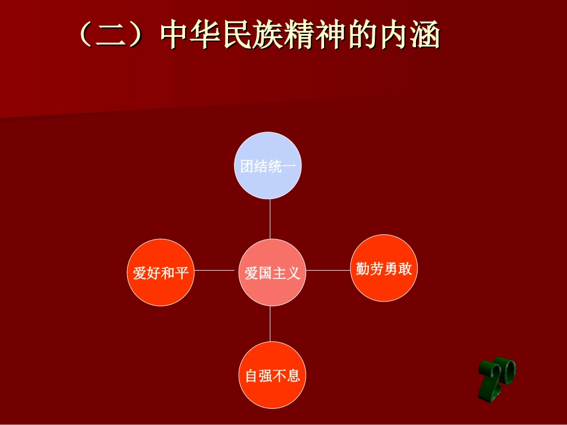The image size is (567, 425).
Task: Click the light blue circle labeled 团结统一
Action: point(268,165)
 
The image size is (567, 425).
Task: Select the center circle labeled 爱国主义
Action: point(272,273)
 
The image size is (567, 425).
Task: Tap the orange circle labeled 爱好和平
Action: point(161,272)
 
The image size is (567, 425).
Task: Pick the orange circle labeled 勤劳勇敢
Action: point(384,268)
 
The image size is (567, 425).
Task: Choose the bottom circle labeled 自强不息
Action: point(272,376)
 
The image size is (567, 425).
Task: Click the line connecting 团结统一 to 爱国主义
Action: point(270,219)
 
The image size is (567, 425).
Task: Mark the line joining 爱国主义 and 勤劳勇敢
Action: point(327,270)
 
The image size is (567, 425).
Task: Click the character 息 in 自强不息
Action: point(293,376)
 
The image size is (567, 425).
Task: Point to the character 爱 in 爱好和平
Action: point(140,273)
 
